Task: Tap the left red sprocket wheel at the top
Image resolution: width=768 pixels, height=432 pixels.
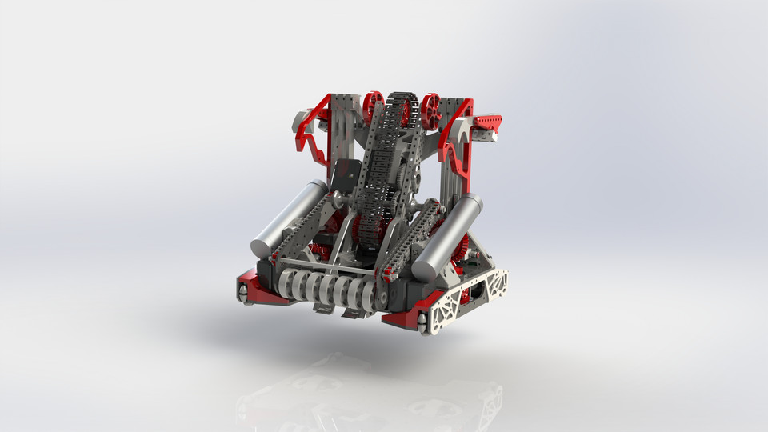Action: (x=373, y=107)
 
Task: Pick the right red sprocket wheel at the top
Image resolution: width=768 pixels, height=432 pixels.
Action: (x=431, y=111)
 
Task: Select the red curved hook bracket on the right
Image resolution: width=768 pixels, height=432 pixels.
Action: (x=458, y=144)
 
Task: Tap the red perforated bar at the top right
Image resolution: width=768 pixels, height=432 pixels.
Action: (x=487, y=122)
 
